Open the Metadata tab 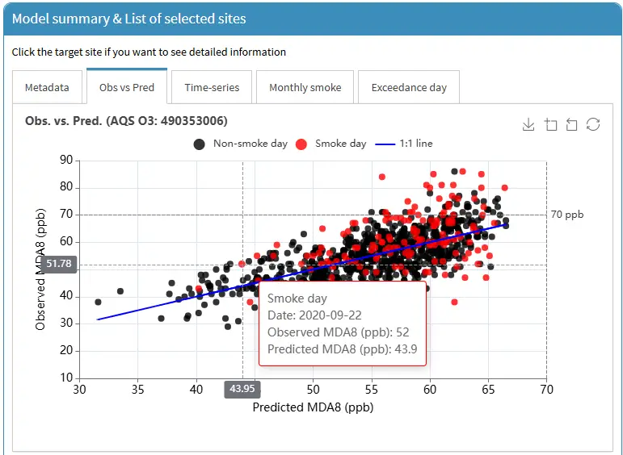click(x=47, y=87)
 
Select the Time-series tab click(x=212, y=87)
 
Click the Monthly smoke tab click(x=305, y=87)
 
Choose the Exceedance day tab click(x=409, y=87)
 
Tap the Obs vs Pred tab click(x=126, y=86)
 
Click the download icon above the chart click(x=528, y=124)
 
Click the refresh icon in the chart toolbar click(x=593, y=124)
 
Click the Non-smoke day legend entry click(x=241, y=144)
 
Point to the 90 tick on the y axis click(x=67, y=160)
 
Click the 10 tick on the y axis click(x=67, y=378)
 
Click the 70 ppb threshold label click(x=567, y=215)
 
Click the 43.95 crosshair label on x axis click(x=242, y=389)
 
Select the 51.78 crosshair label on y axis click(x=59, y=264)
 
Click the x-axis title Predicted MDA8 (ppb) click(x=313, y=407)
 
